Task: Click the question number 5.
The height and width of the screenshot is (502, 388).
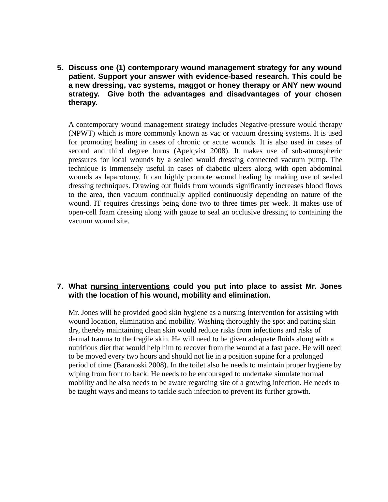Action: [x=60, y=68]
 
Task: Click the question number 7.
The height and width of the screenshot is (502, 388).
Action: [x=60, y=287]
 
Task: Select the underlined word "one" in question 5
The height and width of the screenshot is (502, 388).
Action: [x=107, y=68]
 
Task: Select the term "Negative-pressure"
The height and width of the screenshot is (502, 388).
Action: [x=266, y=125]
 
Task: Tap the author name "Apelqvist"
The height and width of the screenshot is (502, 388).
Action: [x=191, y=151]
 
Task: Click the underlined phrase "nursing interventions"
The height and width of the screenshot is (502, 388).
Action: [x=130, y=287]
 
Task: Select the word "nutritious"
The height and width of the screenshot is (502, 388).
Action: [x=84, y=348]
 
